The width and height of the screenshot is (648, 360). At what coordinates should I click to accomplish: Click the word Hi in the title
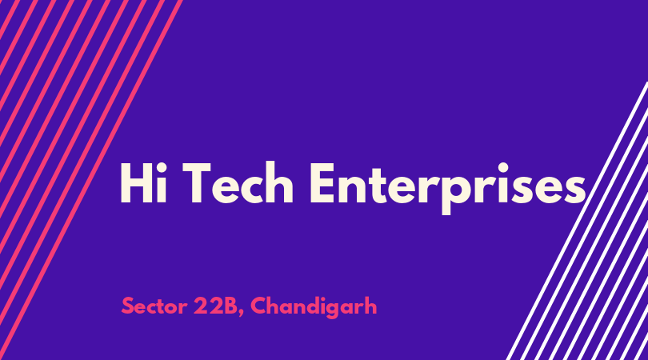click(x=143, y=182)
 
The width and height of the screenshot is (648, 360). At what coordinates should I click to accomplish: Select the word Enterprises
click(x=447, y=188)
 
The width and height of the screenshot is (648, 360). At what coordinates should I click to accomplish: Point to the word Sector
click(x=154, y=306)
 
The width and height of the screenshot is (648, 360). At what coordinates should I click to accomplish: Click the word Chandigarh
click(x=314, y=306)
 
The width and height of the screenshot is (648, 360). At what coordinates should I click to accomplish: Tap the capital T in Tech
click(x=196, y=183)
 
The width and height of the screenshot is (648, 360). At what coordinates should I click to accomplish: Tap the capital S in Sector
click(x=128, y=306)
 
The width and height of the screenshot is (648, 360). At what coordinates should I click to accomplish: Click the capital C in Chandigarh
click(x=259, y=306)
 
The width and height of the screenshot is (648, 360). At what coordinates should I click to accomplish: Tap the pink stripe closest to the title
click(x=90, y=180)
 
